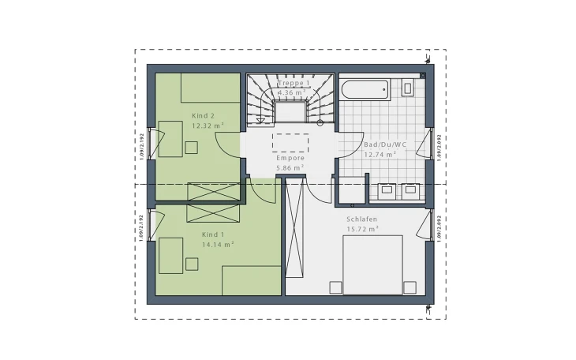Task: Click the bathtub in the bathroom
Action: click(365, 89)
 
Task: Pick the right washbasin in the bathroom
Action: click(410, 189)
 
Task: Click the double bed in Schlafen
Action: click(373, 264)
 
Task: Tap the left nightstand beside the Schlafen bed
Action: click(337, 287)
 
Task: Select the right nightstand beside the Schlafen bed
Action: click(410, 287)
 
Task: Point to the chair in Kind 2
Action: click(191, 147)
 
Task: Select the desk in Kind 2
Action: click(170, 140)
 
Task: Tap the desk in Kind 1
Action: click(170, 256)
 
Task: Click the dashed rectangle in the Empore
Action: click(290, 142)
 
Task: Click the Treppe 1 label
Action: click(294, 83)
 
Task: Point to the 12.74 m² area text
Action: click(380, 155)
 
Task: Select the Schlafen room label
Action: click(361, 219)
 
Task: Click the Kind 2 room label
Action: click(203, 116)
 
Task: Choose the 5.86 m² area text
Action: click(290, 167)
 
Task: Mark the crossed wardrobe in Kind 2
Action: click(212, 191)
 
